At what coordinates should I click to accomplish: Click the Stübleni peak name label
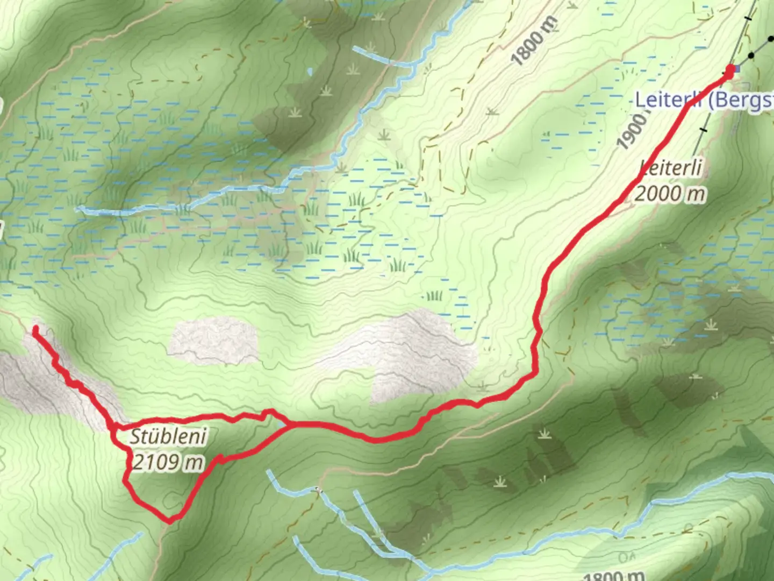(x=168, y=436)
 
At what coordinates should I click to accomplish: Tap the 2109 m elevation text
(x=168, y=462)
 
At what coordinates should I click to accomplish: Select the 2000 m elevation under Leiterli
(x=670, y=193)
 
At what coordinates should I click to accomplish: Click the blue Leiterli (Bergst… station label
(x=704, y=100)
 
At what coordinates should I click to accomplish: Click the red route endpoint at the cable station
(x=730, y=70)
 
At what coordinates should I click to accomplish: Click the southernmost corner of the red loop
(x=170, y=521)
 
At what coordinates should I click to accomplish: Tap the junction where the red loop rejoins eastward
(x=291, y=424)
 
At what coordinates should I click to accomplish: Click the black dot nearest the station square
(x=751, y=55)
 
